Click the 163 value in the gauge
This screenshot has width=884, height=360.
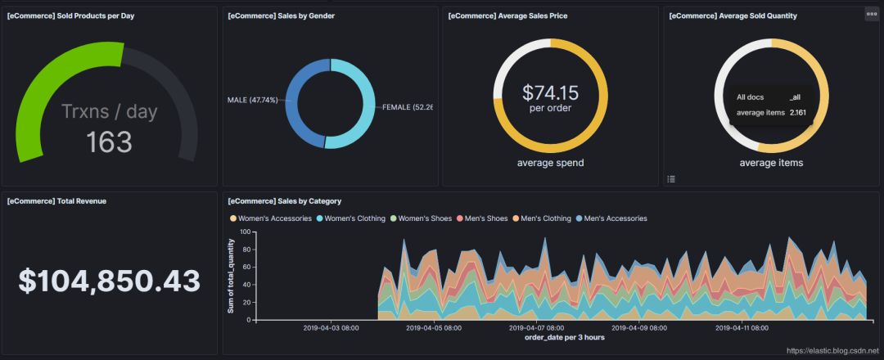click(x=109, y=142)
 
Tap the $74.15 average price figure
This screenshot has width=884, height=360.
click(x=550, y=92)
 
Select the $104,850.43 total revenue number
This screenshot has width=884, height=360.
click(x=109, y=281)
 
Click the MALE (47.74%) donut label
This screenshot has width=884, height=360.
click(x=253, y=100)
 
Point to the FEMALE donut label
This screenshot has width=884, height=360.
click(x=407, y=107)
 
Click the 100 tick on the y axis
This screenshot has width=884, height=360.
click(x=242, y=232)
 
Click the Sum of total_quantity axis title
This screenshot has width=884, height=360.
click(x=232, y=276)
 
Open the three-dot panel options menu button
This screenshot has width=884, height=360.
click(x=872, y=15)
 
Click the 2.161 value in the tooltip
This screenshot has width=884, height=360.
click(x=797, y=112)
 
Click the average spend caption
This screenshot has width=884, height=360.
click(x=550, y=163)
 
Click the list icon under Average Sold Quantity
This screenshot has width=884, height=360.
click(x=671, y=178)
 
